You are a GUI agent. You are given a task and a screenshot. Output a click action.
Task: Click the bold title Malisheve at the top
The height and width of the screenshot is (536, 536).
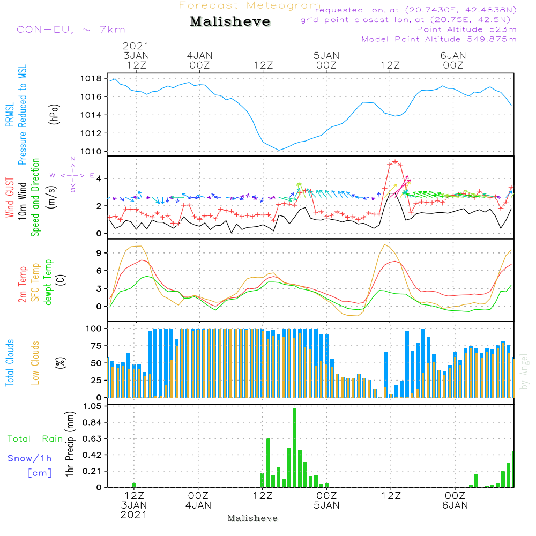click(x=230, y=21)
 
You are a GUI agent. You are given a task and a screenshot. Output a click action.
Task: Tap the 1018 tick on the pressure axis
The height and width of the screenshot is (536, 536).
click(x=91, y=79)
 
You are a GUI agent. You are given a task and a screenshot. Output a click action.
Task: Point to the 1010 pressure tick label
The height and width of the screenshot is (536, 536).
click(x=91, y=152)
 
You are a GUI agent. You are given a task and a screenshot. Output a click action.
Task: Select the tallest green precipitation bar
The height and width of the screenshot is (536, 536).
click(x=295, y=448)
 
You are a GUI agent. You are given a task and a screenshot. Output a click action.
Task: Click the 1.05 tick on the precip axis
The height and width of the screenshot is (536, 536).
click(x=92, y=406)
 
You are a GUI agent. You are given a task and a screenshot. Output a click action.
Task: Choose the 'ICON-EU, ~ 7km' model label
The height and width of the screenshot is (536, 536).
click(x=69, y=29)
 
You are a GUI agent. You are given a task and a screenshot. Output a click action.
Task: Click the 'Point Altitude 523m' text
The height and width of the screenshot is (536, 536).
click(x=467, y=29)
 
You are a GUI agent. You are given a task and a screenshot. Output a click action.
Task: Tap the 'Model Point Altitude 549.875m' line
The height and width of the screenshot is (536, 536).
click(x=439, y=39)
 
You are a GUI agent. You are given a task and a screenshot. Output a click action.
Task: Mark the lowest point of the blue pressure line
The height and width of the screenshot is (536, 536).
click(x=279, y=150)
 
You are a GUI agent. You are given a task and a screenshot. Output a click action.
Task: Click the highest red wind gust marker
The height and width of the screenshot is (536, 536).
click(x=395, y=162)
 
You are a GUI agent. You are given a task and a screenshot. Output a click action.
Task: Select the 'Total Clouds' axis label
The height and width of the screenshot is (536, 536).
click(x=10, y=363)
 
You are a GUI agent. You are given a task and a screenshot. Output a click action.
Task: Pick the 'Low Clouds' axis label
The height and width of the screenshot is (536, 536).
click(x=35, y=363)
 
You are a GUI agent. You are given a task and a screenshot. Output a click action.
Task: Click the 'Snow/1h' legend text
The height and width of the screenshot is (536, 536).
click(x=29, y=458)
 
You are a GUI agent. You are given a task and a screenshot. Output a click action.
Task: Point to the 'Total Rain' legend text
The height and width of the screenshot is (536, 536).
click(x=35, y=439)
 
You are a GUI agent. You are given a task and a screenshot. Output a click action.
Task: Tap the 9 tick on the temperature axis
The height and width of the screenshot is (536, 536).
click(x=99, y=253)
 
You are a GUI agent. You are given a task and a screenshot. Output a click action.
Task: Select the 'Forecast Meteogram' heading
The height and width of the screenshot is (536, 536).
click(x=250, y=5)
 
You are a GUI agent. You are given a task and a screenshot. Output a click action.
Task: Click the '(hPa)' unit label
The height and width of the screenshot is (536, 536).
click(x=54, y=114)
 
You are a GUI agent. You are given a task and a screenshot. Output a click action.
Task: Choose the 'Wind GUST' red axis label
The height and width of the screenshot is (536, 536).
click(x=10, y=198)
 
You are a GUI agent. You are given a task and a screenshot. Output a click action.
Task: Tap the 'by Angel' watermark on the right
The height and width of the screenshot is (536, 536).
click(x=524, y=371)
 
